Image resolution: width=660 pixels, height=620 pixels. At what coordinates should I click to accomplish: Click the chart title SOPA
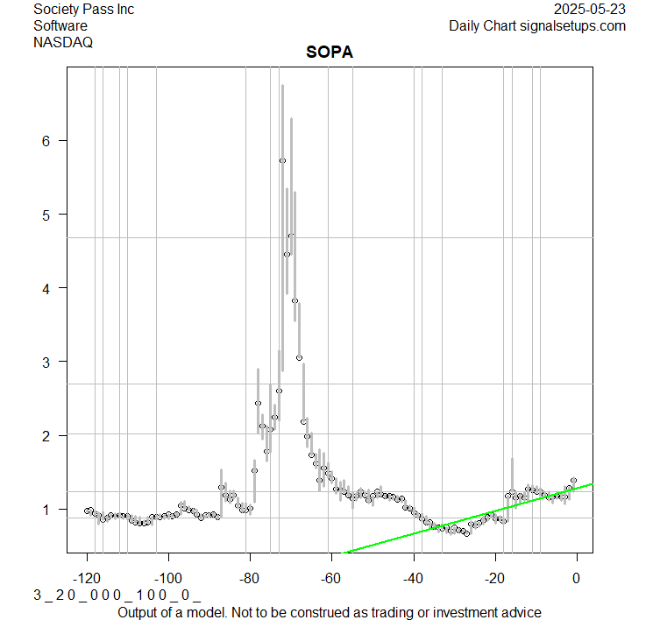330,53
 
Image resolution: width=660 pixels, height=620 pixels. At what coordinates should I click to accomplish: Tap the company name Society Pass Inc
84,10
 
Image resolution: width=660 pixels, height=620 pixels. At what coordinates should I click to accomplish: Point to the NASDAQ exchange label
63,41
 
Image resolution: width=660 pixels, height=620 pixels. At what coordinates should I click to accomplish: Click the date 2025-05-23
590,10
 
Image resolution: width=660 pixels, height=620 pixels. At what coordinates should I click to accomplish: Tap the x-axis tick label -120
87,578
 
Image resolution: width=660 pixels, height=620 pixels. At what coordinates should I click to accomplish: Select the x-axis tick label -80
250,578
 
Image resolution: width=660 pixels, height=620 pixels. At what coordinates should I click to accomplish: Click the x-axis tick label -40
413,578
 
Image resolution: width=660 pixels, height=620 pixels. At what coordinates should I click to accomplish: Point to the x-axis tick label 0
576,578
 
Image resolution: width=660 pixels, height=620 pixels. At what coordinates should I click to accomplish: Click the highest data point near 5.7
282,160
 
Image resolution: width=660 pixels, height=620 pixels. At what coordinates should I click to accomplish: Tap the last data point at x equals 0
573,481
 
